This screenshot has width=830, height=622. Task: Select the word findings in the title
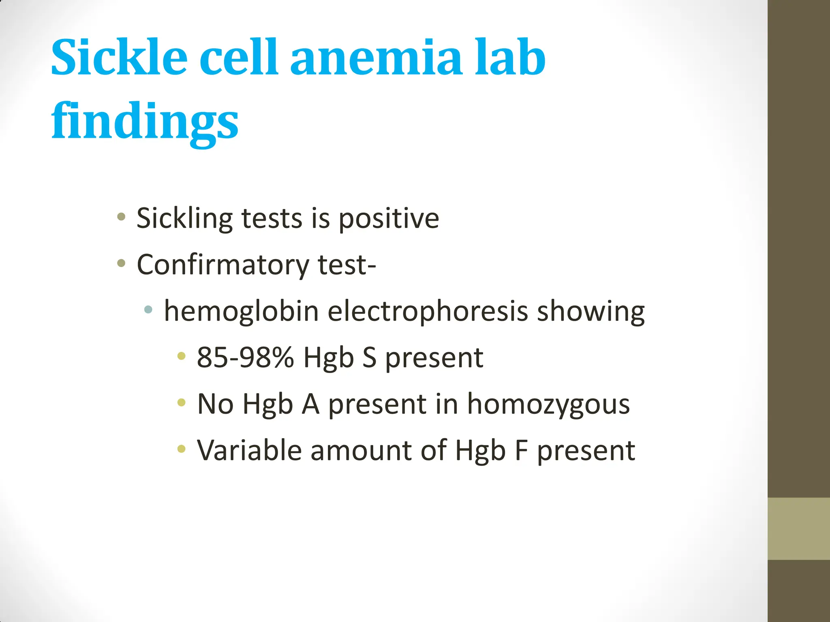point(145,121)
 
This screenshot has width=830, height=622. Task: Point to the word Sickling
point(184,219)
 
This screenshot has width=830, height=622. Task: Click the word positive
point(389,219)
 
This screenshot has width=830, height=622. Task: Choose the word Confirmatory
point(223,265)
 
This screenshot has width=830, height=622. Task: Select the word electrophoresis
point(428,311)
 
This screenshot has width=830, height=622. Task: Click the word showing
point(590,311)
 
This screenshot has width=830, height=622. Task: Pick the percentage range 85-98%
point(245,358)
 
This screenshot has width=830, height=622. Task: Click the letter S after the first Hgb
point(369,358)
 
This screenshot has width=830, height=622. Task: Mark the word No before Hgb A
point(215,404)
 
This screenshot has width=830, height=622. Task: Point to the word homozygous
point(548,404)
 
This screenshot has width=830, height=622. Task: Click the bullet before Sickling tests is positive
point(121,217)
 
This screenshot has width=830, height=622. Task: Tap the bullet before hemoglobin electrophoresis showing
point(148,310)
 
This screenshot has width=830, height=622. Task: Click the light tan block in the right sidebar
point(799,528)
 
